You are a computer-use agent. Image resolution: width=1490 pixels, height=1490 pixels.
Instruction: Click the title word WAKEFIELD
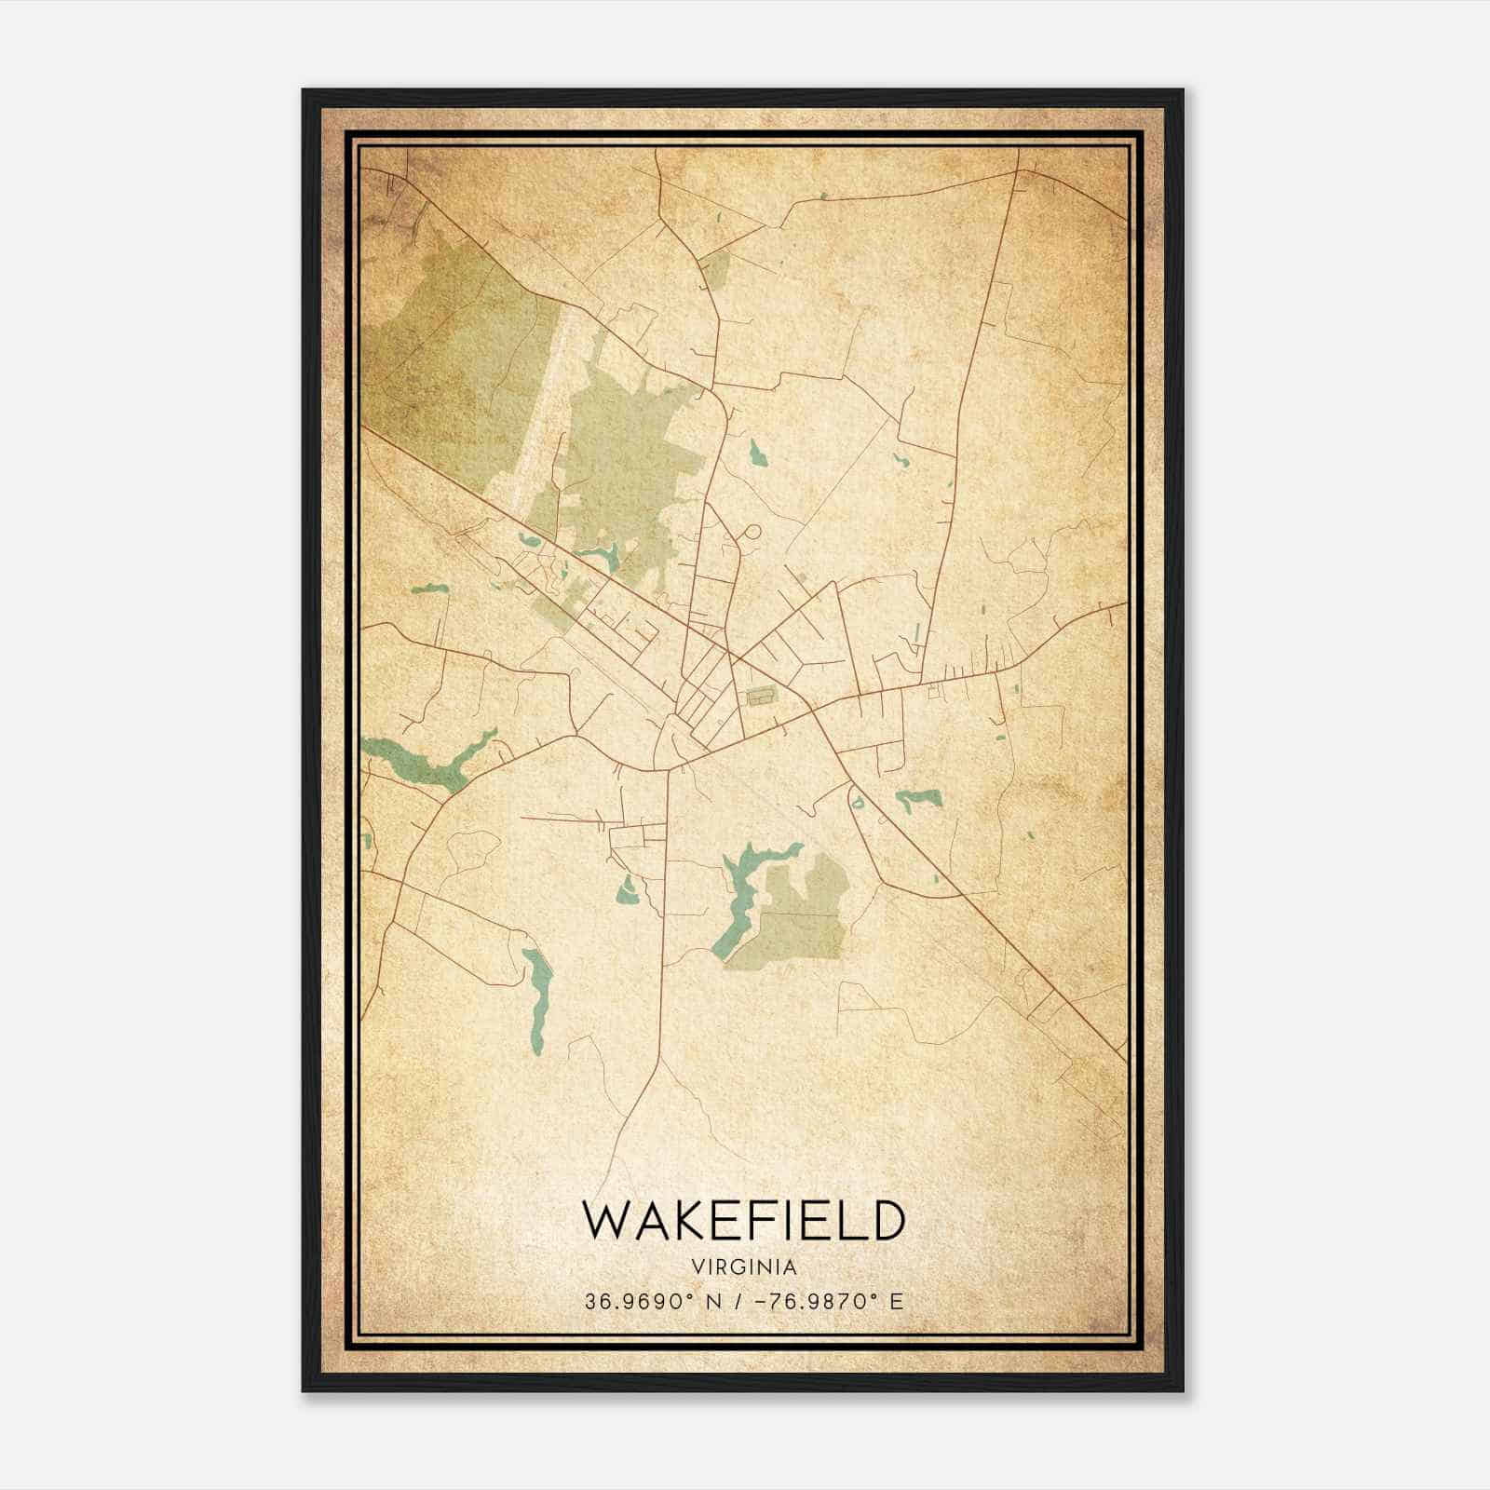743,1220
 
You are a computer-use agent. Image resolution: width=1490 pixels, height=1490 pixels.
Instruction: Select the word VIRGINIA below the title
744,1267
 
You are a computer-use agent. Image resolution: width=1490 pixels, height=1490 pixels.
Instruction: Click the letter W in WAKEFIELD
606,1220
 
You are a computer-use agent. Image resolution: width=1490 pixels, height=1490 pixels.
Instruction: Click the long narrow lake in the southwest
537,996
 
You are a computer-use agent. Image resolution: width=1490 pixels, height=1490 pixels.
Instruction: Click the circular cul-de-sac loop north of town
752,534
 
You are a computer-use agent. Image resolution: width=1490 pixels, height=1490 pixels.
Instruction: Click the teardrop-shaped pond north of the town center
756,454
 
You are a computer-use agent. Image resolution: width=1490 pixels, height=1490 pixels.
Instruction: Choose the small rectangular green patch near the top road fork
717,270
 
